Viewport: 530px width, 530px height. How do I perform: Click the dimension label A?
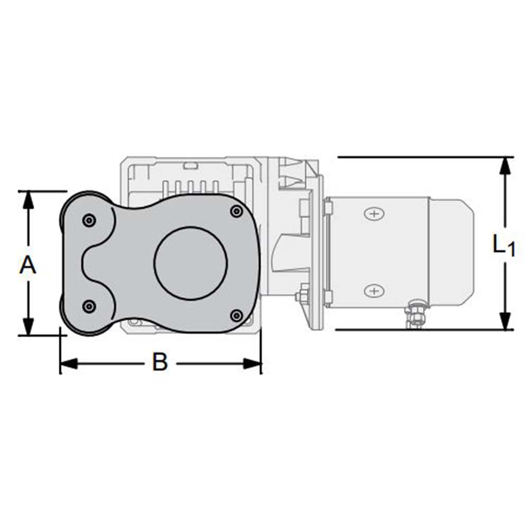pos(28,264)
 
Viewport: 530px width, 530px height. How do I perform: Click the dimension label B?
pos(160,363)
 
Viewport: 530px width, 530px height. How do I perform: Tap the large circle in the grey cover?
pos(191,263)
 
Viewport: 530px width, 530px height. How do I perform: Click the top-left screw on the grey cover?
pos(89,220)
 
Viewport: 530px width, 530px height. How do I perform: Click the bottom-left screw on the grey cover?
pos(89,306)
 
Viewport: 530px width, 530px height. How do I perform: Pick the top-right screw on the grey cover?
pos(236,212)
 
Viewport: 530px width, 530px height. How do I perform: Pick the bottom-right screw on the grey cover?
pos(236,315)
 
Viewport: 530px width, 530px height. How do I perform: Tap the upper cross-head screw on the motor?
pos(374,214)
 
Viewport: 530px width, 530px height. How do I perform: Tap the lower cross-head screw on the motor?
pos(374,290)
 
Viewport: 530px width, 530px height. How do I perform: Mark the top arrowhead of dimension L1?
pos(506,166)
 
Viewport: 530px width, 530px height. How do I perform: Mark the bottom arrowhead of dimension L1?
pos(506,321)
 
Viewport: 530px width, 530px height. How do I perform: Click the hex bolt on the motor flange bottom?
pos(304,294)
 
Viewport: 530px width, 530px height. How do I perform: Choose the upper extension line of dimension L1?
pos(424,157)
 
